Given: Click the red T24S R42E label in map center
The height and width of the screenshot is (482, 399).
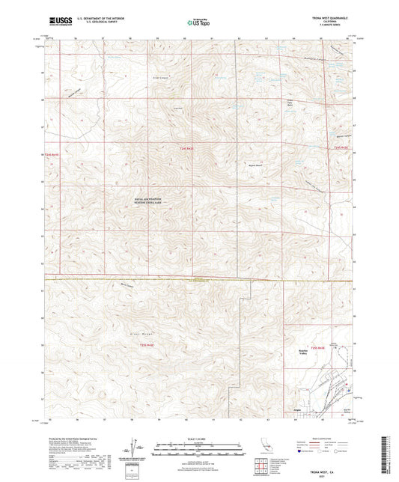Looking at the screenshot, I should pos(189,150).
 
